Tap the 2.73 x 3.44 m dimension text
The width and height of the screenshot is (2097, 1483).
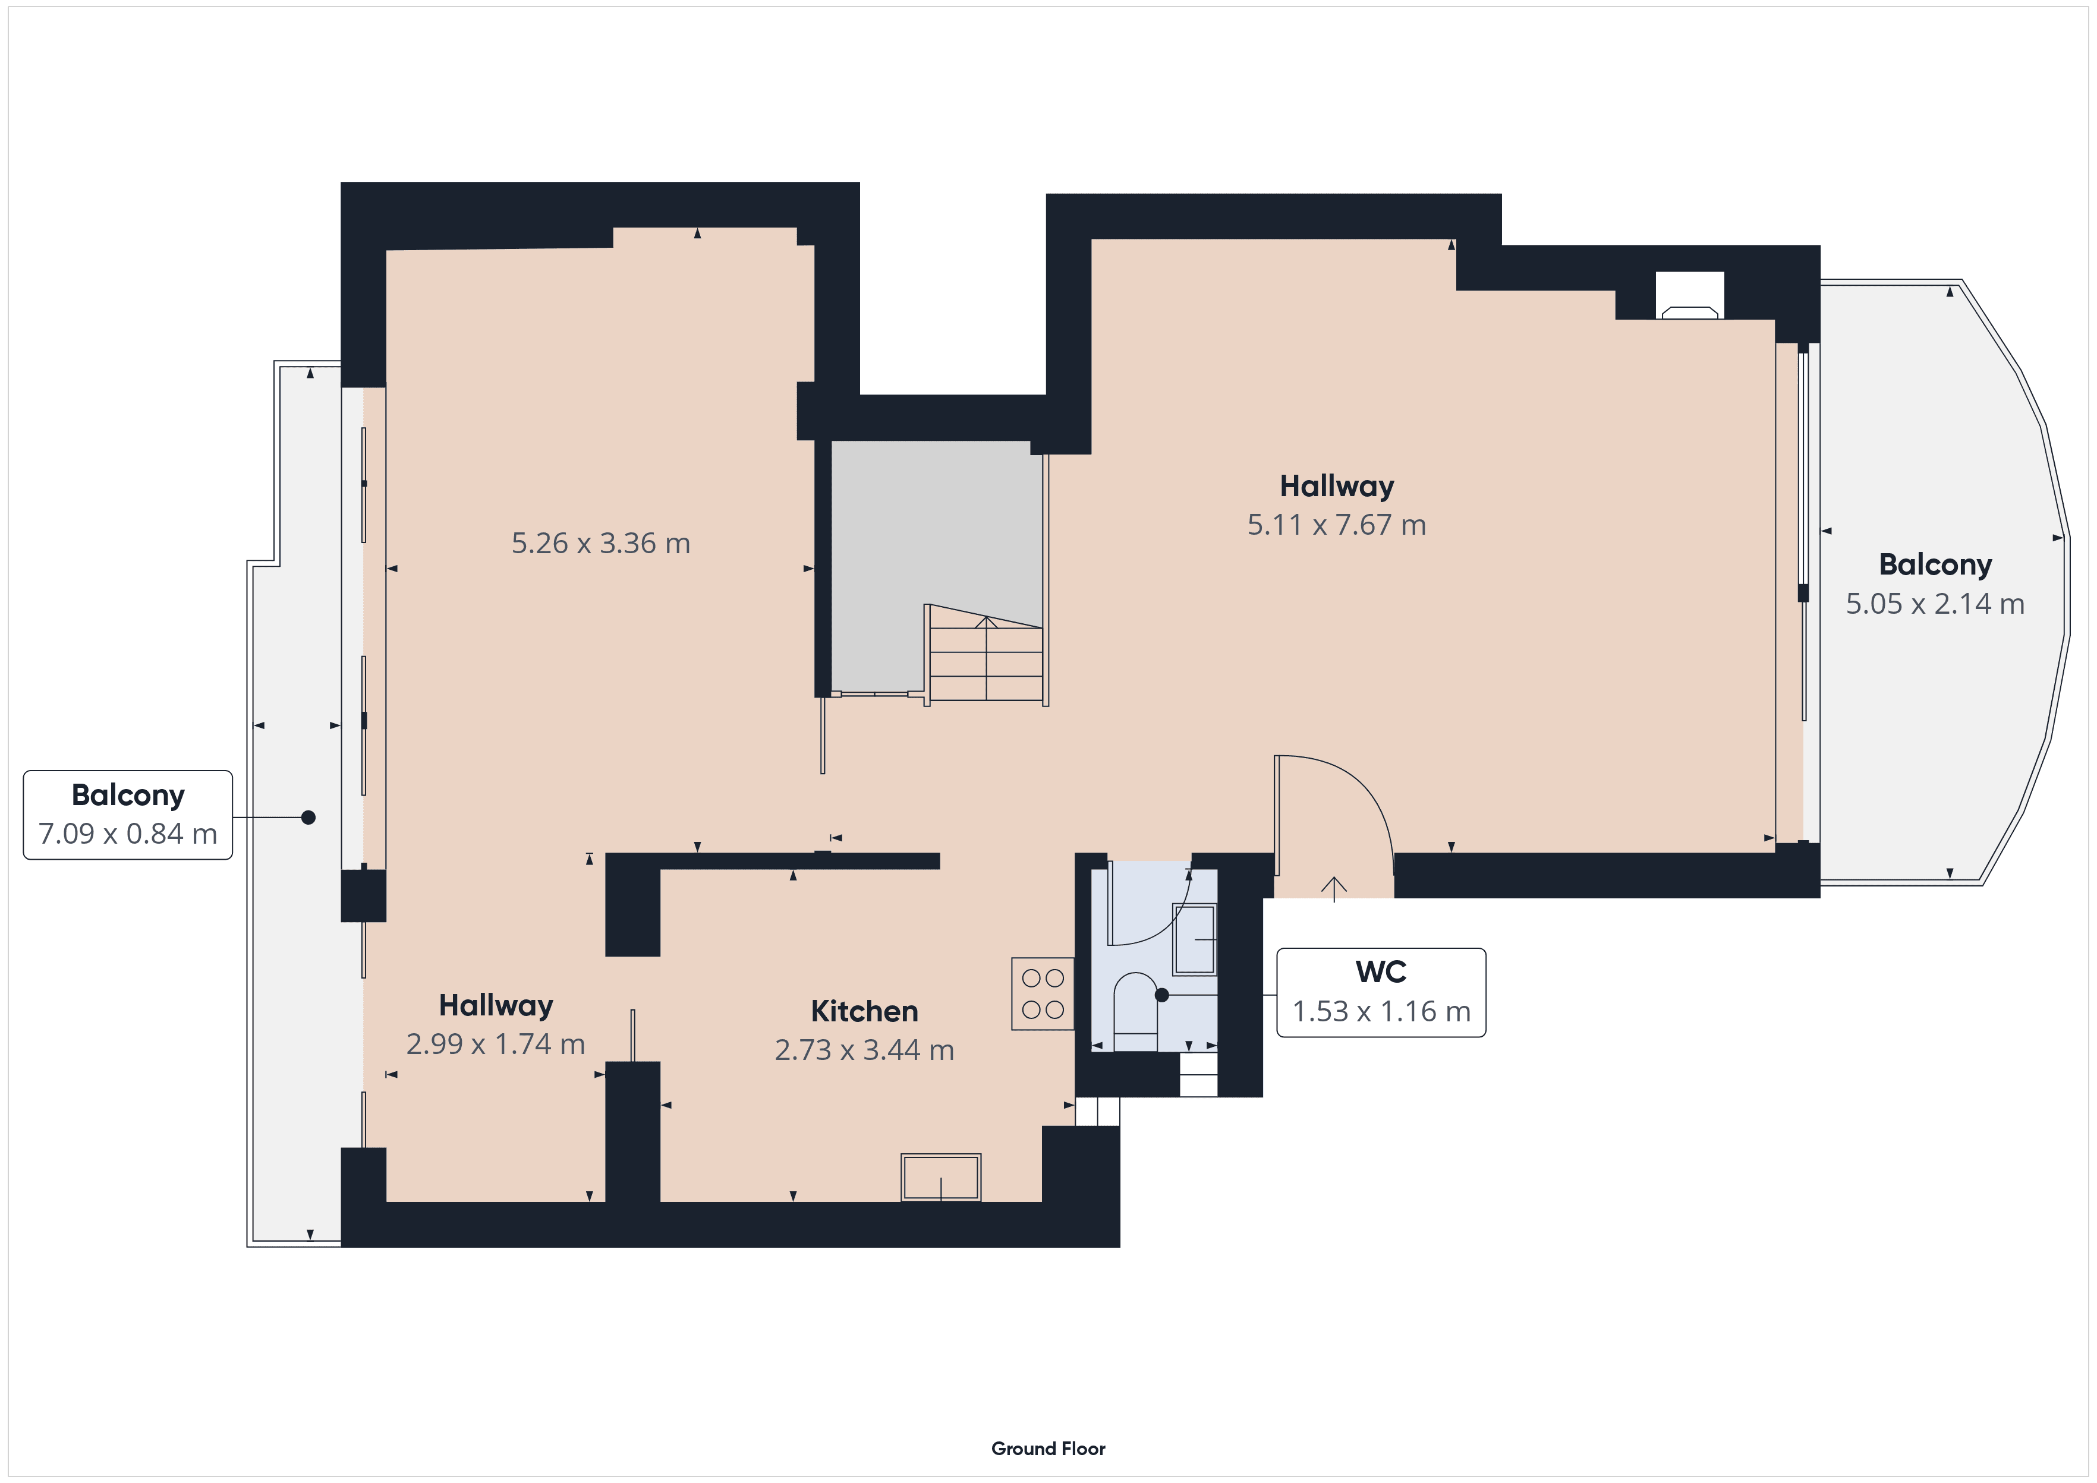coord(864,1050)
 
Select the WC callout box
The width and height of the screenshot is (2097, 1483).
coord(1380,993)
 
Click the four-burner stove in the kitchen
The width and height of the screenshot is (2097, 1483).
coord(1042,993)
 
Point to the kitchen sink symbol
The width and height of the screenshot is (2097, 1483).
coord(941,1177)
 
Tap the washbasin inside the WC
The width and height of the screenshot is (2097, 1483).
coord(1194,939)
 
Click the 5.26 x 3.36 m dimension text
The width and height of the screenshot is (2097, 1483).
coord(600,543)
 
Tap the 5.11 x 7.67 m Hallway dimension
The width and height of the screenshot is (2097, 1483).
coord(1336,525)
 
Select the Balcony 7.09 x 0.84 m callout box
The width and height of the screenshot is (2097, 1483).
coord(128,815)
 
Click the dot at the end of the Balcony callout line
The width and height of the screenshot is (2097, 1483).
coord(308,818)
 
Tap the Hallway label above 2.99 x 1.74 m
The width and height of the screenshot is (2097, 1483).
coord(496,1005)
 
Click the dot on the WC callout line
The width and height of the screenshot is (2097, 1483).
coord(1162,995)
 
